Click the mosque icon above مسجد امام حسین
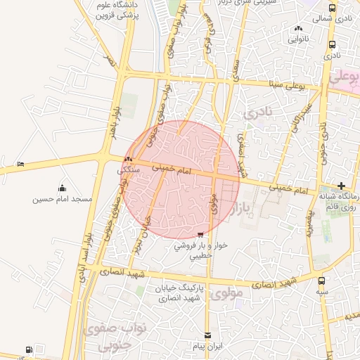[63, 188]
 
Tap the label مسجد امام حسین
[63, 199]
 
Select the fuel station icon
[28, 349]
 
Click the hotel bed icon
[21, 164]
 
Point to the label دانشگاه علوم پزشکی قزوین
[116, 9]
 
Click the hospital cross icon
[341, 186]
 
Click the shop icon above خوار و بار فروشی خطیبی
[201, 235]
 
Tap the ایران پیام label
[207, 347]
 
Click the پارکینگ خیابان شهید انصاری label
[200, 293]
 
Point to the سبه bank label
[321, 290]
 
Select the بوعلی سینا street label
[287, 84]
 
